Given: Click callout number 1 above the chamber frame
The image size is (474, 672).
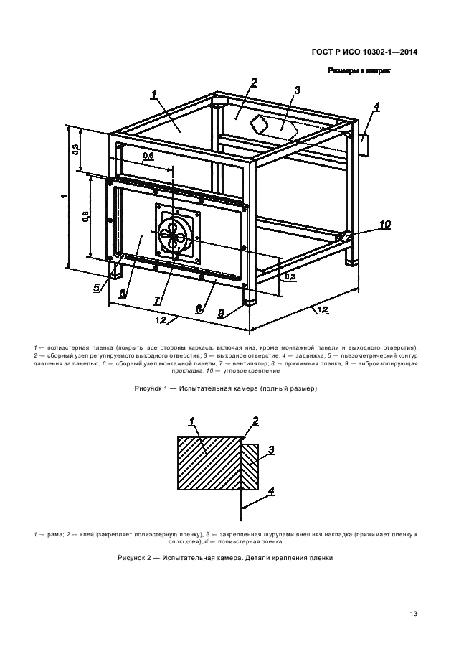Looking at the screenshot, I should [154, 93].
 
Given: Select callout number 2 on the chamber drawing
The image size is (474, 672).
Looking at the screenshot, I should [254, 83].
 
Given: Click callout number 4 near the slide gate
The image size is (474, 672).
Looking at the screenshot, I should [376, 106].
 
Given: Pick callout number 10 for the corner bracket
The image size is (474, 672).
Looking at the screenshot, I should [385, 225].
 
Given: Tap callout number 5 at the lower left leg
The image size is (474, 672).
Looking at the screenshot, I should [95, 288].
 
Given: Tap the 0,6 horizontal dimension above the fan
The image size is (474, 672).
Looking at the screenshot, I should [148, 155].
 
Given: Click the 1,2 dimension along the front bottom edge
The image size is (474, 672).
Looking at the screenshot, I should [161, 320].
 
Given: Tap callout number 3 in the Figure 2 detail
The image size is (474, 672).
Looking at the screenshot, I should [272, 450].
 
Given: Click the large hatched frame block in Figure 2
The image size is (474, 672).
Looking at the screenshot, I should [208, 463].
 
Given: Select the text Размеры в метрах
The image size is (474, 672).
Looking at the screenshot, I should [359, 71].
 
